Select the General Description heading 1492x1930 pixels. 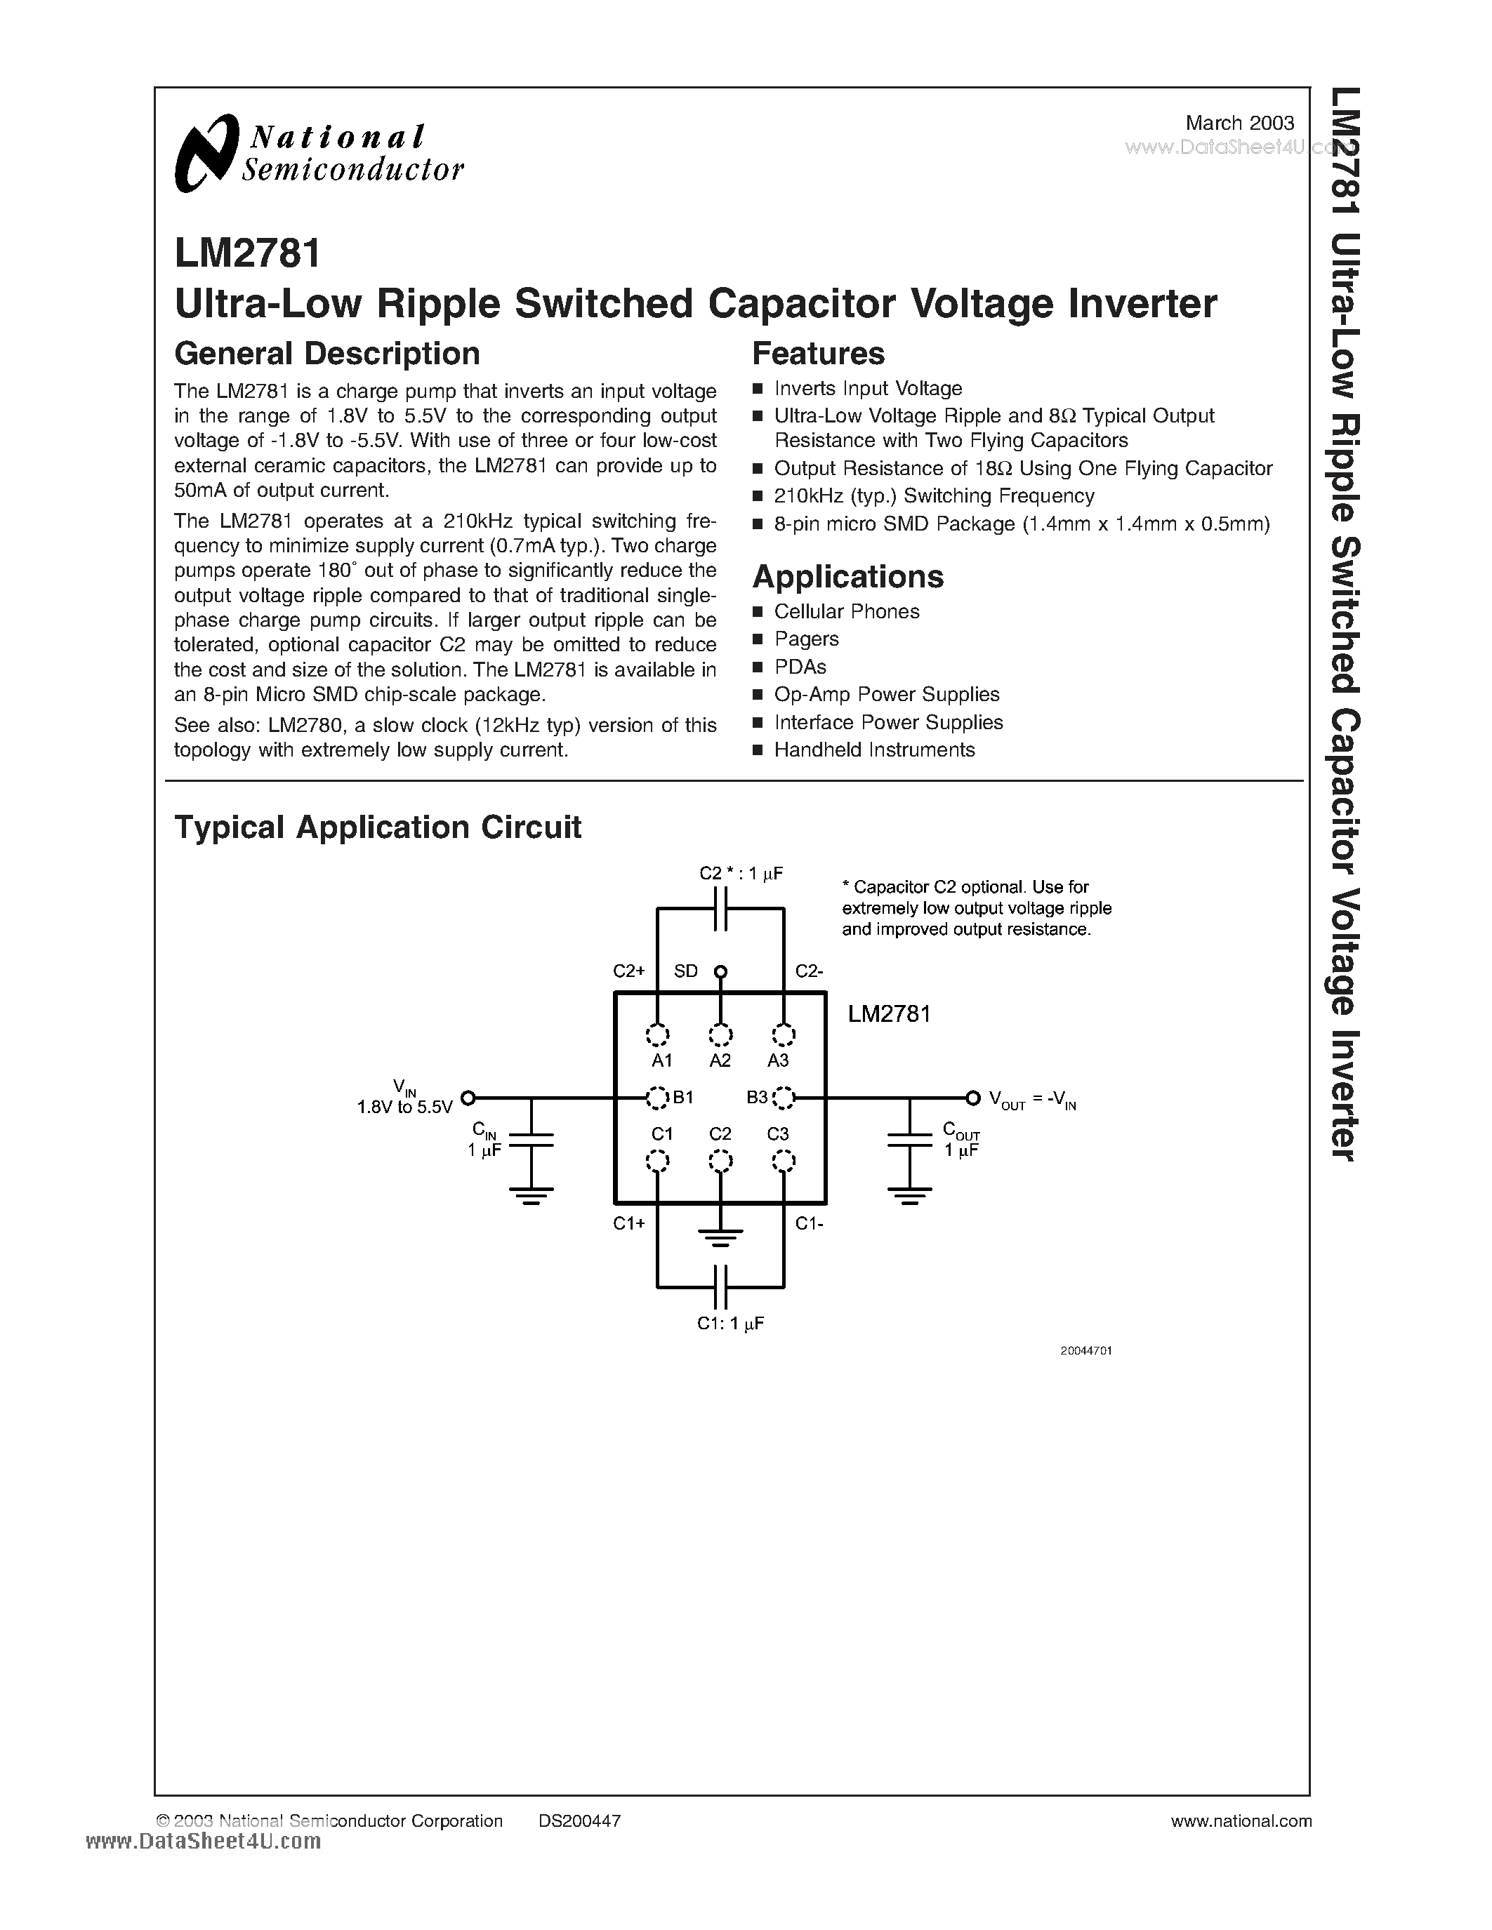tap(327, 354)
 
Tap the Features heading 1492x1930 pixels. tap(817, 354)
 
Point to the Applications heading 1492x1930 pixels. tap(847, 577)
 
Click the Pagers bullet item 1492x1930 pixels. tap(806, 639)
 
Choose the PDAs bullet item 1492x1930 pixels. tap(800, 666)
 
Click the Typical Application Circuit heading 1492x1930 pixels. tap(378, 827)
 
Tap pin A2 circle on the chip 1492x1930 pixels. tap(720, 1034)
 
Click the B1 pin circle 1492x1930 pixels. tap(656, 1098)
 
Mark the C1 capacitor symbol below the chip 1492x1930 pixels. tap(720, 1286)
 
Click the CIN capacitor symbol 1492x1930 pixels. tap(532, 1140)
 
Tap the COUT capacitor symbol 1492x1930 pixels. tap(909, 1140)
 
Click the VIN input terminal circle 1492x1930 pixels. tap(468, 1098)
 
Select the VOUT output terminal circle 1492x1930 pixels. tap(972, 1098)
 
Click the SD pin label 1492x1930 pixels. tap(686, 971)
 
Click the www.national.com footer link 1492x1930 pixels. tap(1241, 1821)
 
